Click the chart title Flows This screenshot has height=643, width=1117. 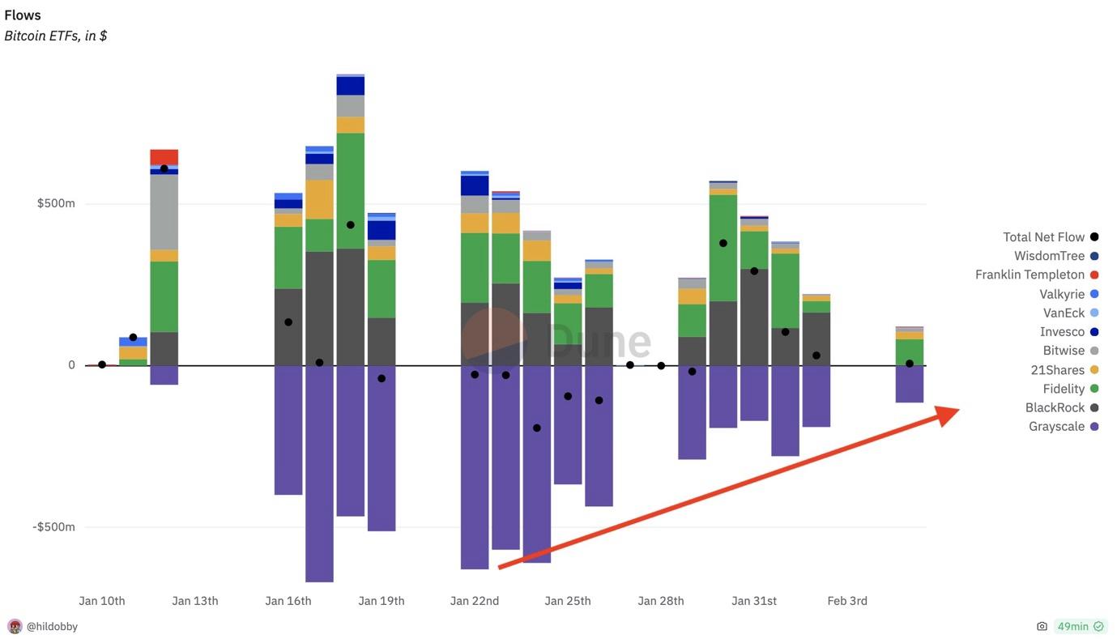click(x=23, y=15)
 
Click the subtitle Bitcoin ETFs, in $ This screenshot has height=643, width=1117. click(x=56, y=36)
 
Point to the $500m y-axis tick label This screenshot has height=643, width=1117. click(x=56, y=203)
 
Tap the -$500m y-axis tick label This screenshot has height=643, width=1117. click(x=53, y=527)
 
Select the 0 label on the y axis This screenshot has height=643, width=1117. click(x=71, y=365)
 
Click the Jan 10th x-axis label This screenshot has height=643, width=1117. click(x=102, y=601)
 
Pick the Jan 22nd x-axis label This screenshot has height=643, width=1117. click(x=475, y=601)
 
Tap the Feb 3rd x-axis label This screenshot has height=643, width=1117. click(x=847, y=601)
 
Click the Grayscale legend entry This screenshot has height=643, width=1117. click(x=1056, y=427)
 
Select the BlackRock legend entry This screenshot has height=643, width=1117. click(x=1055, y=408)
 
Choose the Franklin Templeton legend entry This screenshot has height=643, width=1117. click(x=1030, y=275)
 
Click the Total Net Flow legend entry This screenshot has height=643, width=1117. click(x=1043, y=237)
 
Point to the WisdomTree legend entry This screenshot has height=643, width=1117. click(x=1049, y=256)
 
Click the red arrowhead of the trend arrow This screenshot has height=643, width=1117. click(x=948, y=415)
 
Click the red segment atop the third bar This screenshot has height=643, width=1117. click(x=164, y=157)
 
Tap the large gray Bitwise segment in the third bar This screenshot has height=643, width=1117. click(x=164, y=212)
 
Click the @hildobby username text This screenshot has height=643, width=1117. click(x=53, y=627)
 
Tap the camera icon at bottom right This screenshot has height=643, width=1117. click(x=1042, y=627)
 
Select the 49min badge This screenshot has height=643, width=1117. click(x=1081, y=627)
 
